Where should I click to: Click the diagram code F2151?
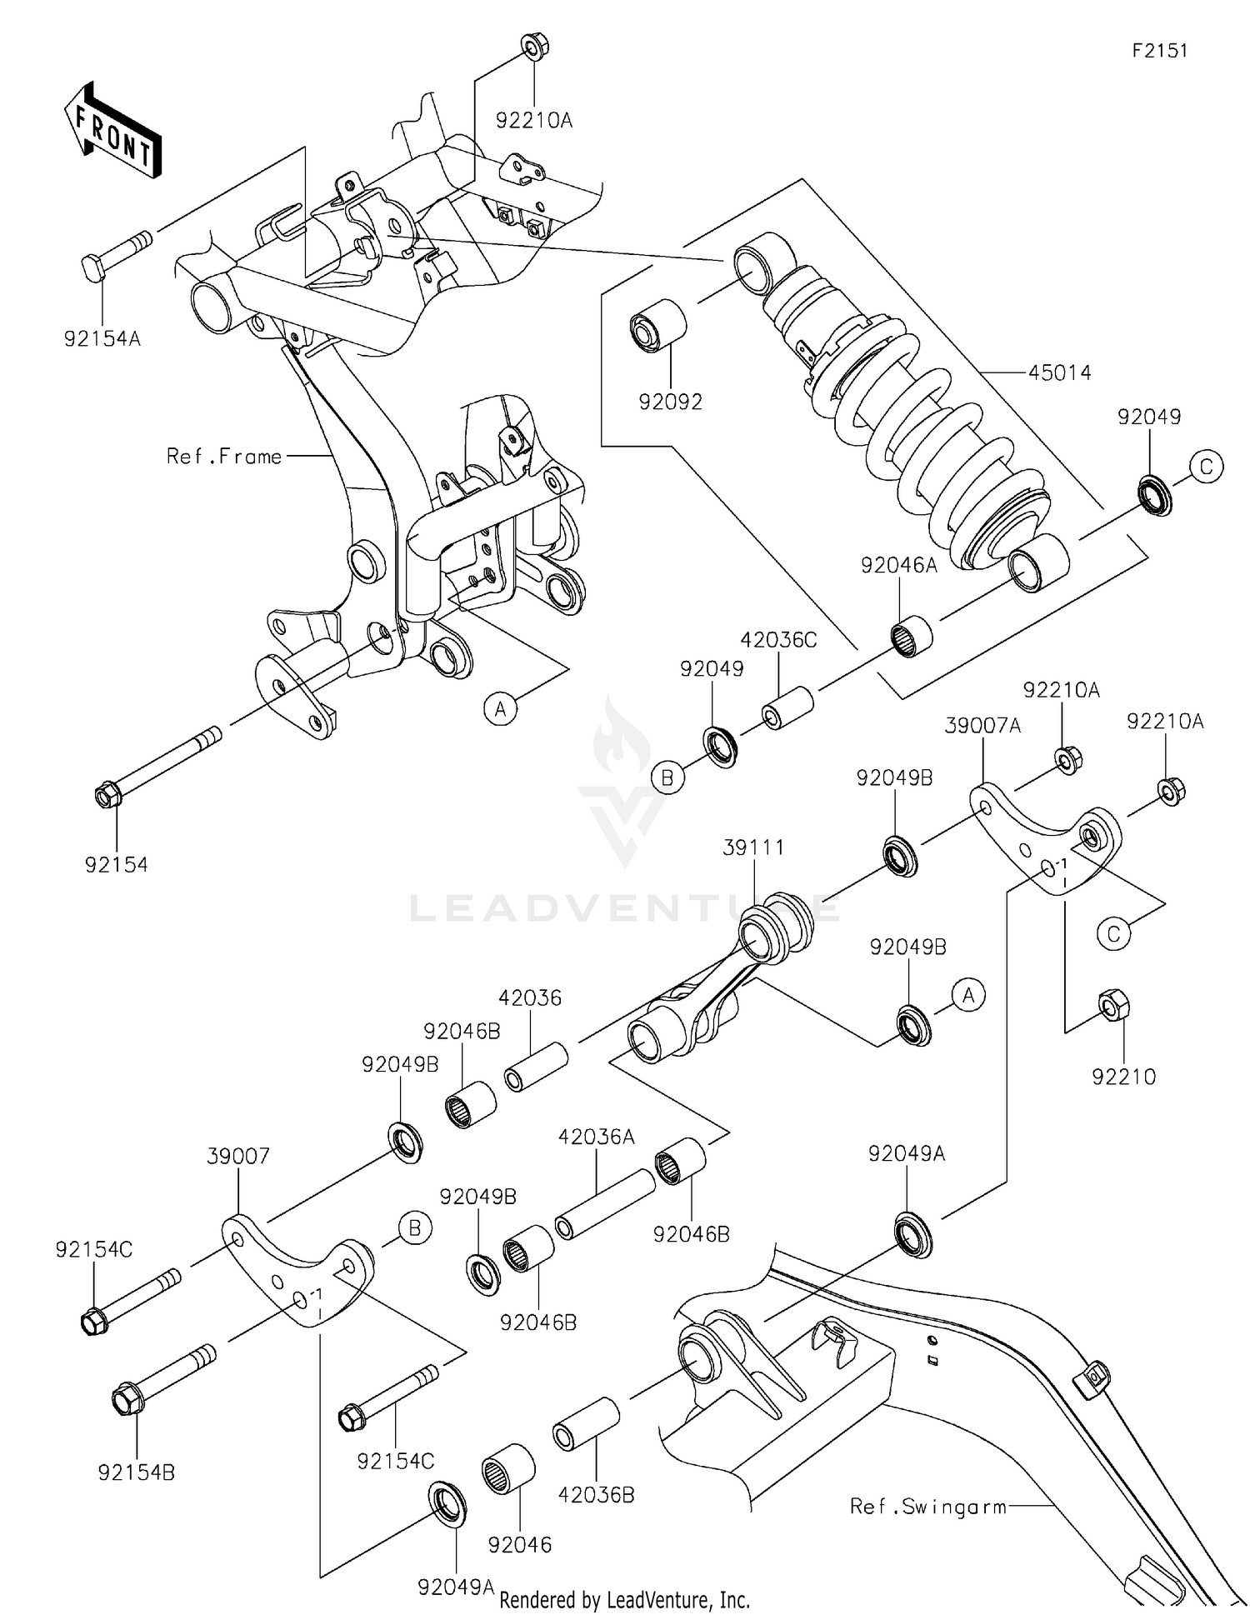click(x=1159, y=50)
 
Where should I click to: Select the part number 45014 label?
click(x=1059, y=372)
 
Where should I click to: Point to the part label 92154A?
click(x=102, y=339)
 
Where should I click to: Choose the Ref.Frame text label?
click(x=224, y=456)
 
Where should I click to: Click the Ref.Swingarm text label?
click(x=927, y=1506)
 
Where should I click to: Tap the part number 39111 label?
click(x=753, y=847)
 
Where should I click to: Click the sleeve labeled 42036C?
click(x=787, y=707)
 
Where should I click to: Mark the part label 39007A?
click(x=982, y=725)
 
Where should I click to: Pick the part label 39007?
click(x=238, y=1156)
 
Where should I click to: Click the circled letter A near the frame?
click(x=500, y=709)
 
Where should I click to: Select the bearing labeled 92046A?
click(x=911, y=634)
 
